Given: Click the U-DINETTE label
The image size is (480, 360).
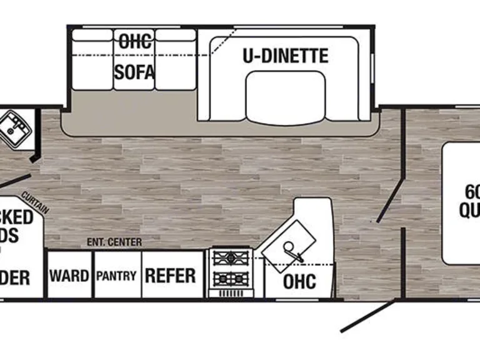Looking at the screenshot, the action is point(285,56).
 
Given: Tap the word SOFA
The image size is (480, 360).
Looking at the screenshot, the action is point(134,72).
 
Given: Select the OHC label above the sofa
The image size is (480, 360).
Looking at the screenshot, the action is point(135,42).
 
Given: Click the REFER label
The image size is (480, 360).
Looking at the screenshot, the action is point(170,276).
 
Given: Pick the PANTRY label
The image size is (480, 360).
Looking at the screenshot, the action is point(116,276).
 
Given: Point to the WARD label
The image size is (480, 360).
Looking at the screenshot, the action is point(69,276).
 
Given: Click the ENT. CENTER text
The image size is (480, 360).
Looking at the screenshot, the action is point(114,242).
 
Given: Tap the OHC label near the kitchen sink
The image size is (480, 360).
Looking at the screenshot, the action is point(299,281).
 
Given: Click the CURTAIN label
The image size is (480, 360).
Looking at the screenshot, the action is point(35,201).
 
